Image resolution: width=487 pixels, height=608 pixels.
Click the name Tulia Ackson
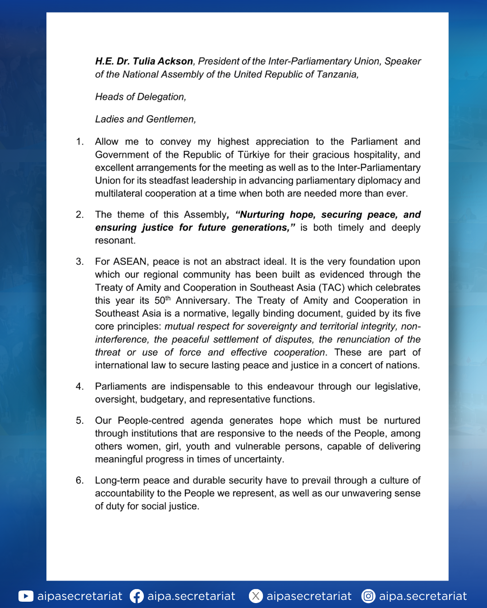pyautogui.click(x=163, y=61)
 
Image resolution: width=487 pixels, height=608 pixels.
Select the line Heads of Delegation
pyautogui.click(x=140, y=97)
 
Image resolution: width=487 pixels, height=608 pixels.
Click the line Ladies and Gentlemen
pyautogui.click(x=145, y=119)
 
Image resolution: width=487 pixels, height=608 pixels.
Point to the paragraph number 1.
pyautogui.click(x=79, y=141)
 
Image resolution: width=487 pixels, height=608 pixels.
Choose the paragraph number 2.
pyautogui.click(x=79, y=214)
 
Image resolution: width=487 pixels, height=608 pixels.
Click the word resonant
pyautogui.click(x=115, y=240)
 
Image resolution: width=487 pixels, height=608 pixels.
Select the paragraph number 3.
pyautogui.click(x=79, y=262)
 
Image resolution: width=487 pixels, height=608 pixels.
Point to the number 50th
pyautogui.click(x=162, y=300)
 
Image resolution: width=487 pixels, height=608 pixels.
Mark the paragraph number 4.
pyautogui.click(x=79, y=386)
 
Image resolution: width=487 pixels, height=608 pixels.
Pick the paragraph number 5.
pyautogui.click(x=79, y=420)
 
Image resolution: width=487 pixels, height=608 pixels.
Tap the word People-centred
pyautogui.click(x=151, y=420)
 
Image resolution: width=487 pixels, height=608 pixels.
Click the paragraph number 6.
pyautogui.click(x=79, y=480)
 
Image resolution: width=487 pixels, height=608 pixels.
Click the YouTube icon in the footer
pyautogui.click(x=26, y=596)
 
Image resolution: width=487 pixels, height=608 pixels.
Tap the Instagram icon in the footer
pyautogui.click(x=368, y=596)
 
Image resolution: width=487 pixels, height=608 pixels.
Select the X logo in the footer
pyautogui.click(x=256, y=596)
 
